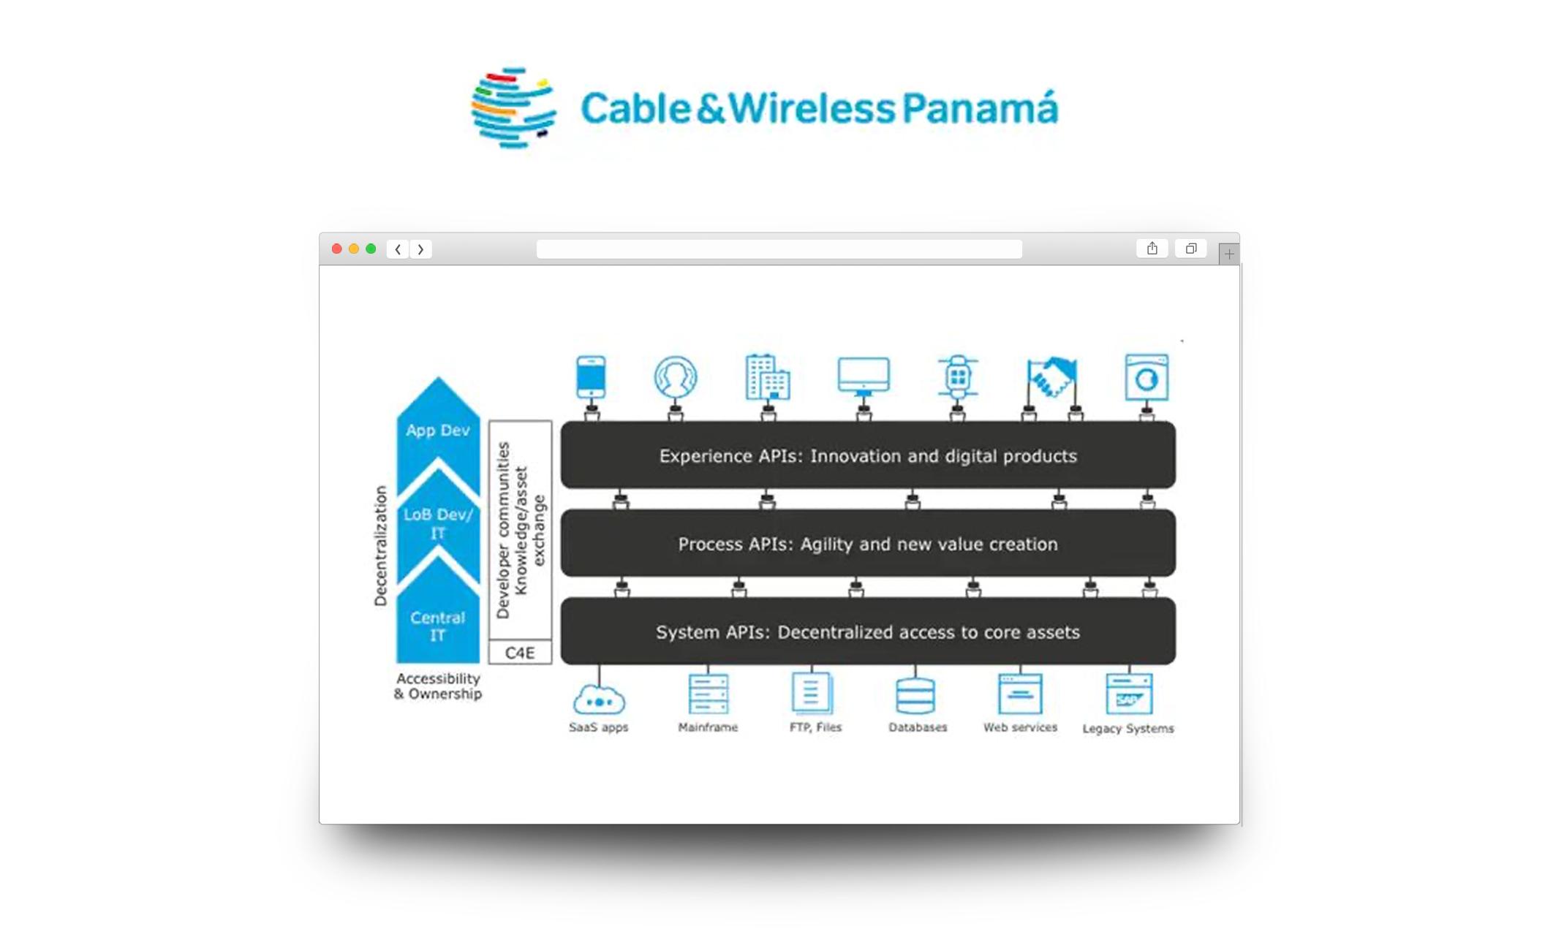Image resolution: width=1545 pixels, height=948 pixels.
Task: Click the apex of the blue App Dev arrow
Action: click(438, 377)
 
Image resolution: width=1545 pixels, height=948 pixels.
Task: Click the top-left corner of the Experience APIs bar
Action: click(562, 422)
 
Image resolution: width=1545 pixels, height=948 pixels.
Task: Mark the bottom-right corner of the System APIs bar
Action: click(1176, 664)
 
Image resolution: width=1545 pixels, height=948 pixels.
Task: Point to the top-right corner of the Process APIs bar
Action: click(1176, 510)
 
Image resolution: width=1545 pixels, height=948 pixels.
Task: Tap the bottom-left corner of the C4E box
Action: click(489, 663)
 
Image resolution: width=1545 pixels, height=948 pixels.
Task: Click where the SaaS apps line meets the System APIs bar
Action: click(599, 664)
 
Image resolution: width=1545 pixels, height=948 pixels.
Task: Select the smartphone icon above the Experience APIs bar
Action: click(591, 376)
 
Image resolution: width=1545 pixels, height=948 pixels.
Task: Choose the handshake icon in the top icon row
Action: click(1051, 376)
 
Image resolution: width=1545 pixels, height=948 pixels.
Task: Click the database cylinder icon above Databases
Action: click(915, 694)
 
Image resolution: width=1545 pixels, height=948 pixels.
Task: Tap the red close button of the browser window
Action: click(337, 249)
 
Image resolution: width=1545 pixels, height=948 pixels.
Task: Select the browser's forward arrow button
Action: click(421, 249)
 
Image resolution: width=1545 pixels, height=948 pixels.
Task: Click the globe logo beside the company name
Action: click(513, 107)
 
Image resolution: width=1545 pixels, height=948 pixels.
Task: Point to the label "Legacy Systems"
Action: click(1128, 728)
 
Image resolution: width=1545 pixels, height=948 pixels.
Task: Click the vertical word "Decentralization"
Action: click(380, 546)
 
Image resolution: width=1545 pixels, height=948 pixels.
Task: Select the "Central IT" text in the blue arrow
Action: click(437, 626)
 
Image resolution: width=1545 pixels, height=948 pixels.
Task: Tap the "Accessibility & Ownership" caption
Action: click(438, 686)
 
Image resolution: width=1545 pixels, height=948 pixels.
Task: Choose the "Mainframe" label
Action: click(708, 727)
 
